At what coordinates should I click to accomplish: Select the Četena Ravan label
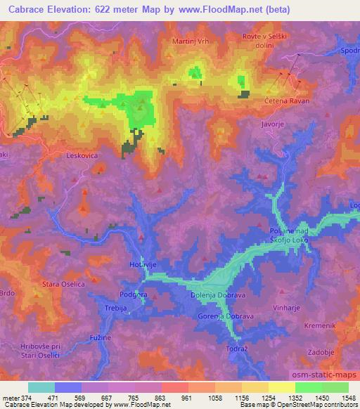(x=286, y=101)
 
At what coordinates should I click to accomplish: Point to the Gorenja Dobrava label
(x=224, y=317)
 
